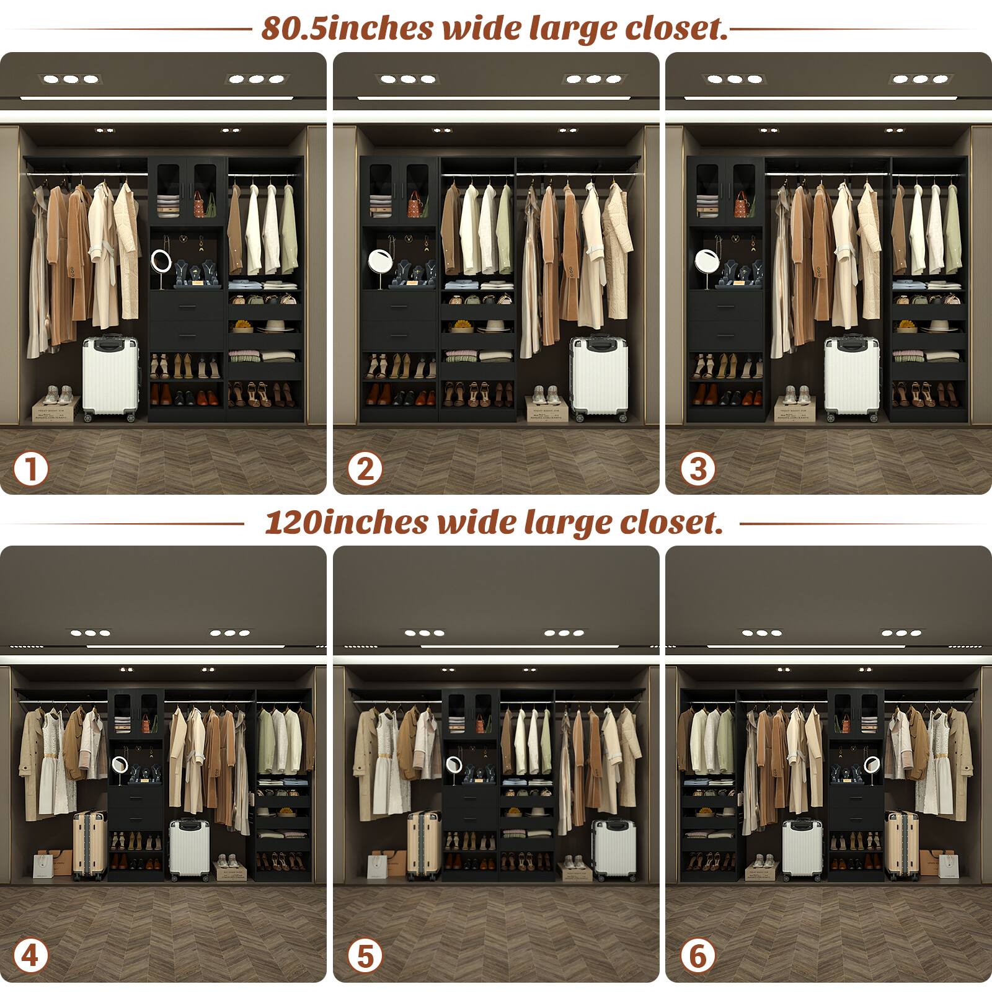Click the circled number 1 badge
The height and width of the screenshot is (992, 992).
[x=30, y=469]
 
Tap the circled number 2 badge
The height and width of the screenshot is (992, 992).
[x=365, y=469]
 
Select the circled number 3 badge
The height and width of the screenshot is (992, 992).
[x=697, y=469]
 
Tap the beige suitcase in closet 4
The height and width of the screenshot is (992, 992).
[x=89, y=844]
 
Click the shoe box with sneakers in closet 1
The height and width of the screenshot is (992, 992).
[x=56, y=405]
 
